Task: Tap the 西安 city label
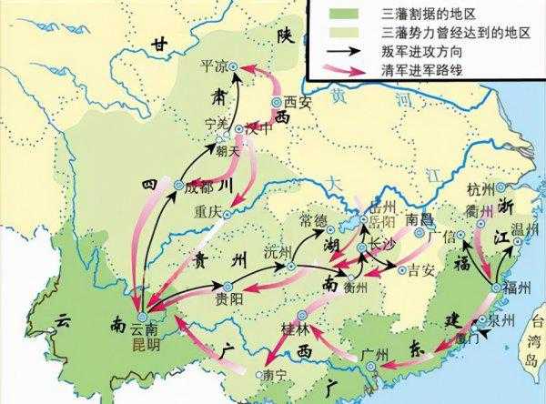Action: (298, 102)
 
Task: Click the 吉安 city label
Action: (421, 269)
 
